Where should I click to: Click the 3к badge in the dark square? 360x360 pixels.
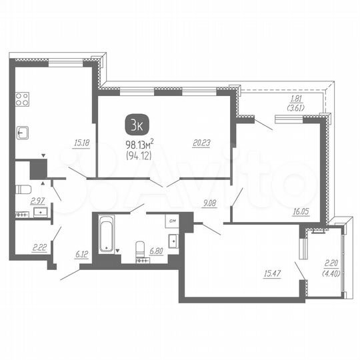[x=137, y=123]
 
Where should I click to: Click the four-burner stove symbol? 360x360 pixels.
[x=22, y=101]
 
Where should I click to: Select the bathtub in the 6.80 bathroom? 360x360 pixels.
[x=107, y=233]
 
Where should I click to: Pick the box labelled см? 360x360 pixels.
[x=172, y=221]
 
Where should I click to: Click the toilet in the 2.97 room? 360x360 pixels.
[x=19, y=189]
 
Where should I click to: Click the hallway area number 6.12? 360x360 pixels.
[x=82, y=253]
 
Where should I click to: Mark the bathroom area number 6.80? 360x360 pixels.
[x=157, y=251]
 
